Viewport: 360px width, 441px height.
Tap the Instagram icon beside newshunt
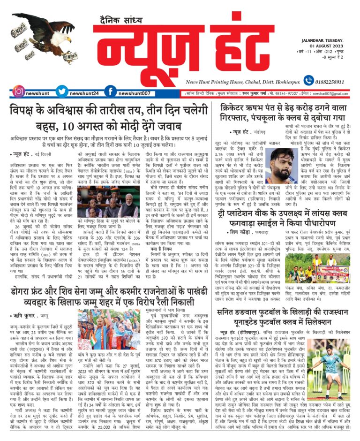point(19,91)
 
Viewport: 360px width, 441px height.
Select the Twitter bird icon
point(61,91)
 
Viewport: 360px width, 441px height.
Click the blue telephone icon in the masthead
point(308,81)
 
